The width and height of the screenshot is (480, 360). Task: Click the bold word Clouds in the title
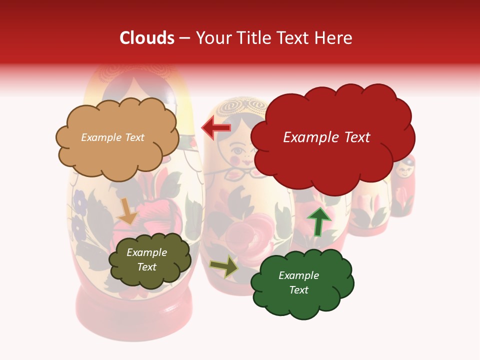pos(147,38)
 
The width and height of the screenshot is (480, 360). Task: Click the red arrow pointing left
pos(216,128)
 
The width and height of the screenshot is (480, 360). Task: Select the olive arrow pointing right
pos(224,266)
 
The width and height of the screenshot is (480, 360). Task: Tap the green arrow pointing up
pos(319,221)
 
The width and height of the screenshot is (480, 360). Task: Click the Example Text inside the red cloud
pos(326,137)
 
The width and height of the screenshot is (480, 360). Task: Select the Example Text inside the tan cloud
pos(112,137)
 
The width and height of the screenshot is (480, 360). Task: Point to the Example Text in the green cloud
pos(298,282)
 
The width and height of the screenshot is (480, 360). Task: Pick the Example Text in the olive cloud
pos(146,259)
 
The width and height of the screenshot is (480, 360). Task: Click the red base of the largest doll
pos(134,310)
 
